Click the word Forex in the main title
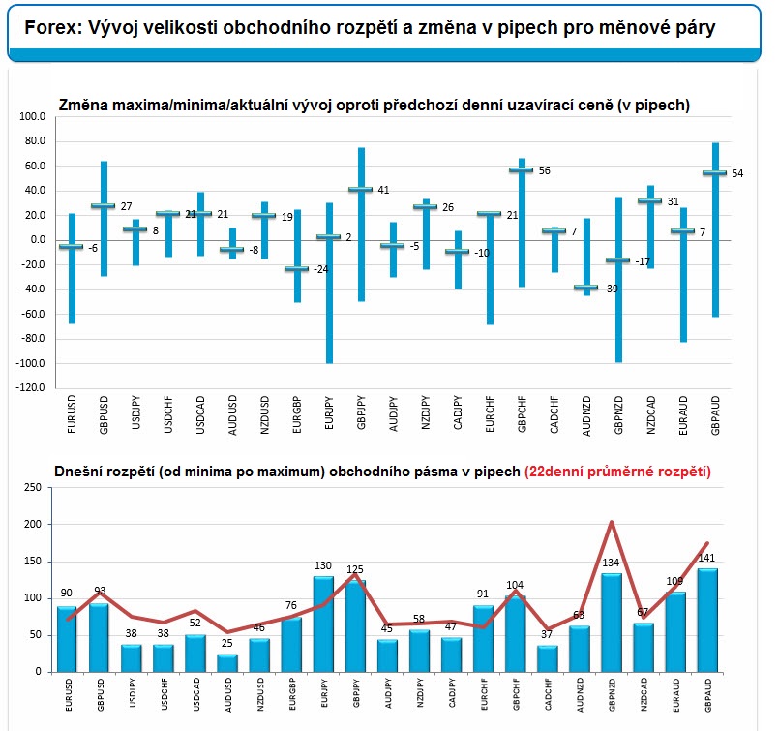pyautogui.click(x=52, y=28)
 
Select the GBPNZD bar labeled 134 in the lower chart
pyautogui.click(x=612, y=623)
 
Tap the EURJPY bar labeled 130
pyautogui.click(x=323, y=624)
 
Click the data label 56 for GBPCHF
pyautogui.click(x=545, y=170)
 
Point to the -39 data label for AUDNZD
pyautogui.click(x=611, y=289)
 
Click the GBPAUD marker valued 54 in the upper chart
pyautogui.click(x=715, y=173)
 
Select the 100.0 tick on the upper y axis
pyautogui.click(x=32, y=117)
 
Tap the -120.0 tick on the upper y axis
pyautogui.click(x=31, y=387)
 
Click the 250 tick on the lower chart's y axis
pyautogui.click(x=33, y=488)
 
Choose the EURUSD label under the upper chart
pyautogui.click(x=72, y=414)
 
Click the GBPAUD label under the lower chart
pyautogui.click(x=708, y=695)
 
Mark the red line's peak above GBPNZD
pyautogui.click(x=612, y=522)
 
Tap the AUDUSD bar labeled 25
pyautogui.click(x=227, y=663)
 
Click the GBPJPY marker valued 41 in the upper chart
pyautogui.click(x=361, y=190)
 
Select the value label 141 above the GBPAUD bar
pyautogui.click(x=706, y=558)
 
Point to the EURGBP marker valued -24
pyautogui.click(x=296, y=269)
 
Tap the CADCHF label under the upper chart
pyautogui.click(x=554, y=414)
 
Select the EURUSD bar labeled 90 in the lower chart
pyautogui.click(x=67, y=639)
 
